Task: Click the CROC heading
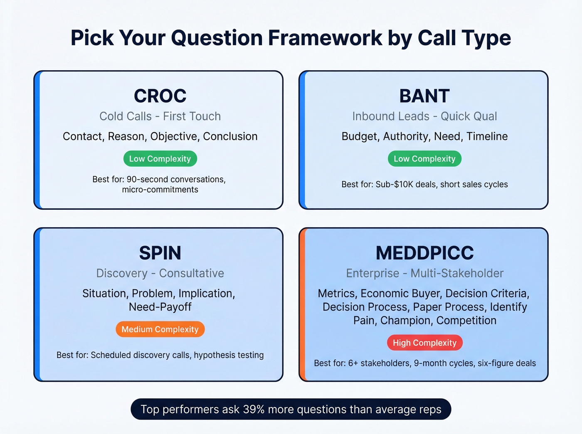click(x=160, y=96)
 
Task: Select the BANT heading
click(x=424, y=96)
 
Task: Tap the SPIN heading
click(x=160, y=253)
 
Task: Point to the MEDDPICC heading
click(x=424, y=253)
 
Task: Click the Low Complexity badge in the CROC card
click(x=160, y=159)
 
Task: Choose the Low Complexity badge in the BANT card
click(x=424, y=159)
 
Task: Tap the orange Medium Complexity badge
click(x=160, y=329)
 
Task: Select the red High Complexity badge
click(x=424, y=343)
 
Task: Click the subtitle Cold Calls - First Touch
click(x=160, y=116)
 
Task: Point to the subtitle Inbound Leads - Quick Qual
click(x=424, y=116)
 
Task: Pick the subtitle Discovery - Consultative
click(x=160, y=273)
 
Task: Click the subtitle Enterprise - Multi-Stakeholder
click(x=424, y=273)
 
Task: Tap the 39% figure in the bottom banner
click(x=254, y=409)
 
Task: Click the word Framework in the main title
click(x=325, y=38)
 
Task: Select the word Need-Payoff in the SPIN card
click(x=160, y=307)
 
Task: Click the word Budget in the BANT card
click(x=360, y=137)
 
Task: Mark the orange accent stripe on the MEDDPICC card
click(x=302, y=304)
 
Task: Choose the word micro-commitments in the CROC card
click(x=160, y=190)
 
